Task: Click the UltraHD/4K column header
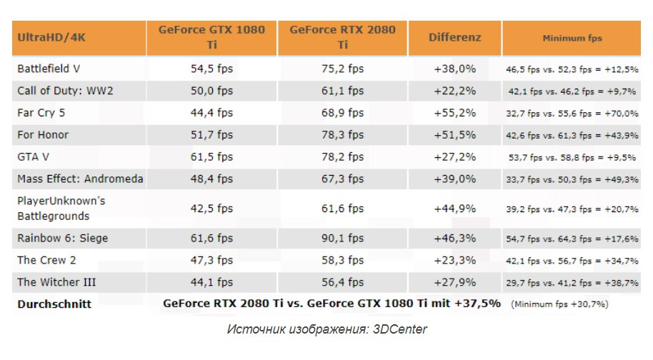pyautogui.click(x=51, y=37)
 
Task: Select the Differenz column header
pyautogui.click(x=454, y=37)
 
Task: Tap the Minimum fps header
pyautogui.click(x=572, y=37)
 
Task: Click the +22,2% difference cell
pyautogui.click(x=454, y=91)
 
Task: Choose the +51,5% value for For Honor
pyautogui.click(x=454, y=135)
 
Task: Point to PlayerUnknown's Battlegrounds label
pyautogui.click(x=61, y=208)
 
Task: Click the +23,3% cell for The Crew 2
pyautogui.click(x=454, y=260)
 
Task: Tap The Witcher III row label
pyautogui.click(x=56, y=282)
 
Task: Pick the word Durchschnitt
pyautogui.click(x=54, y=304)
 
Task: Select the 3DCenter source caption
pyautogui.click(x=326, y=329)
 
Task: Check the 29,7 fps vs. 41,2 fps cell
pyautogui.click(x=572, y=283)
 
